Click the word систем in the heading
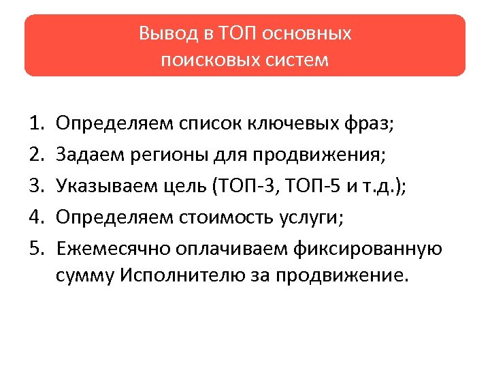point(292,60)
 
